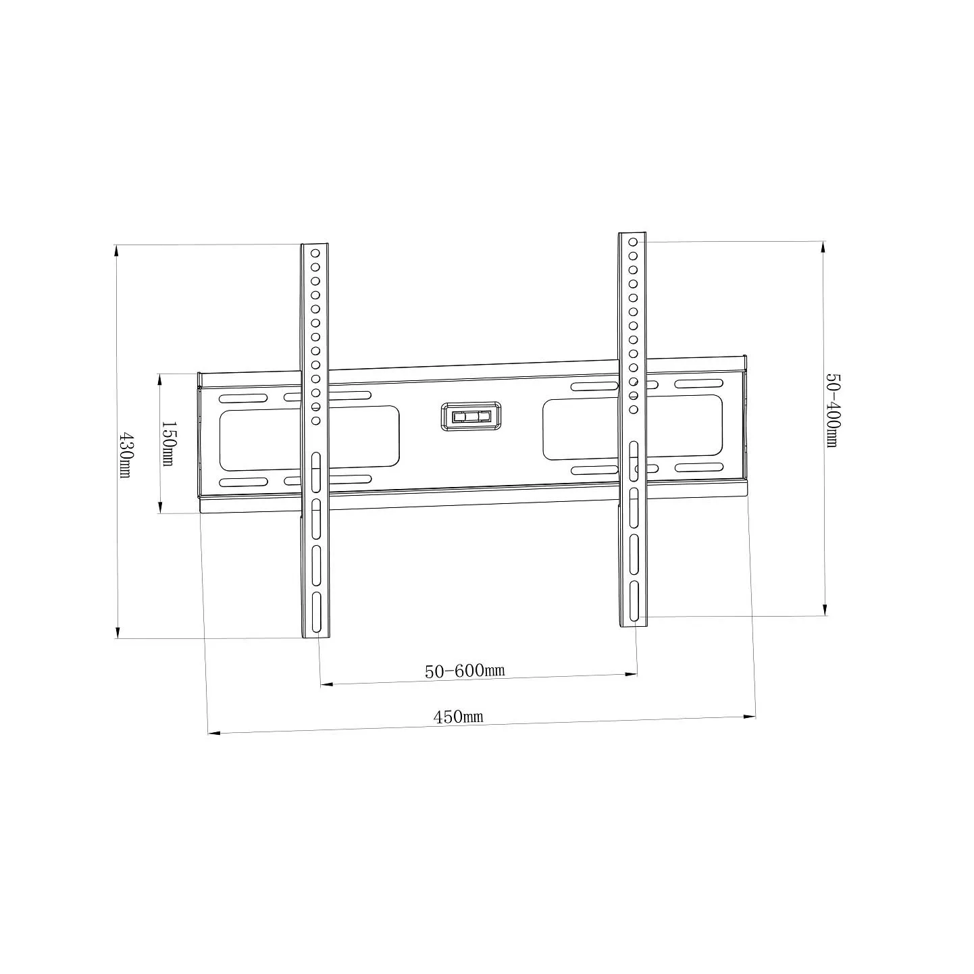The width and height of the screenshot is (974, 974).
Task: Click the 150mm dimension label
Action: pyautogui.click(x=168, y=444)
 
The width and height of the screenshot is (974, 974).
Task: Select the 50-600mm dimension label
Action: pyautogui.click(x=465, y=671)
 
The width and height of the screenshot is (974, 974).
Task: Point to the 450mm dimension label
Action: pyautogui.click(x=458, y=717)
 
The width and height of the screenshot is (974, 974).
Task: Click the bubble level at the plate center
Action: pyautogui.click(x=471, y=416)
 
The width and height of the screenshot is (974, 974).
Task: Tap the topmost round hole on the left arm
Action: pyautogui.click(x=315, y=253)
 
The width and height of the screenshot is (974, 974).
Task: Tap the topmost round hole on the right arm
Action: pyautogui.click(x=633, y=242)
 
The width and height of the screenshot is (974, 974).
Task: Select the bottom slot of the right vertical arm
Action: pyautogui.click(x=634, y=601)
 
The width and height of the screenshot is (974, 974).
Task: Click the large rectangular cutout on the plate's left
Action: pyautogui.click(x=309, y=438)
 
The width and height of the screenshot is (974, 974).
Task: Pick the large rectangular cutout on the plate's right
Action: pyautogui.click(x=632, y=428)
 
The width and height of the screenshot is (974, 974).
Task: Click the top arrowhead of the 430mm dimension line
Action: pyautogui.click(x=117, y=250)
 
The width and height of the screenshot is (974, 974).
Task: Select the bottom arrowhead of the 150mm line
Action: pyautogui.click(x=160, y=507)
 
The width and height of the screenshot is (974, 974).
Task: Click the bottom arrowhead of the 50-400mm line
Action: pyautogui.click(x=825, y=609)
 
